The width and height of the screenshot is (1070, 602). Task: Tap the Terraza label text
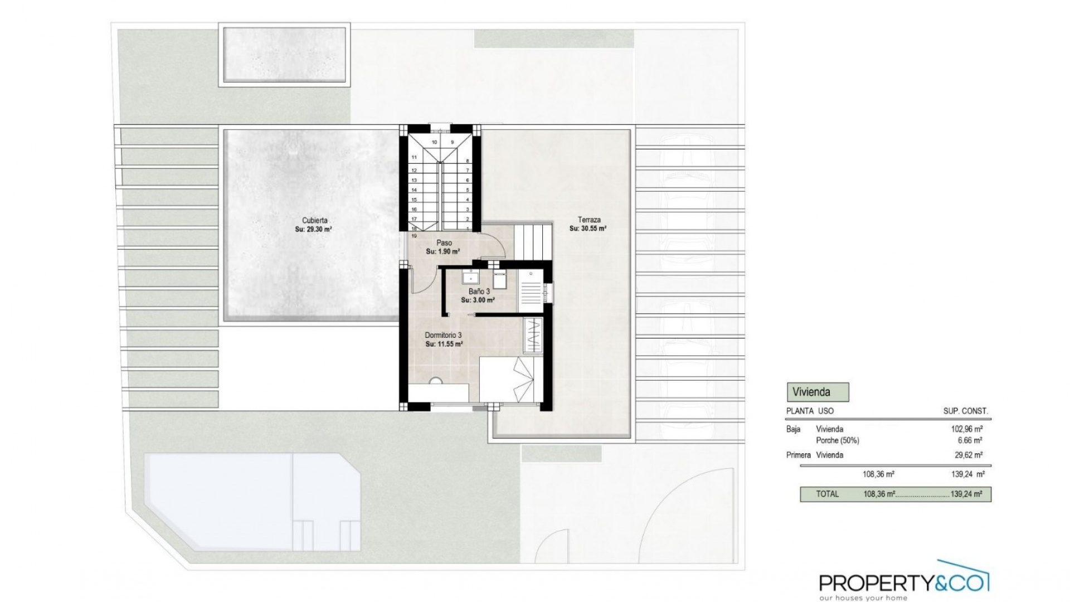pyautogui.click(x=588, y=220)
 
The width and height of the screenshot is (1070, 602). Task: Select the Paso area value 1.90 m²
pyautogui.click(x=443, y=251)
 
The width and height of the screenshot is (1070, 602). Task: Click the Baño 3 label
pyautogui.click(x=479, y=292)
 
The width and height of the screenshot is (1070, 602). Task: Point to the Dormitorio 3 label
pyautogui.click(x=443, y=335)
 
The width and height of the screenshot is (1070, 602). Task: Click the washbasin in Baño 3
pyautogui.click(x=471, y=276)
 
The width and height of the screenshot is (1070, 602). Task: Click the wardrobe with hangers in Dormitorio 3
pyautogui.click(x=533, y=334)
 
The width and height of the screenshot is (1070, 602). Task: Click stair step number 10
pyautogui.click(x=434, y=142)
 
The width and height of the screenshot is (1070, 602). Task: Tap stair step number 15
pyautogui.click(x=414, y=200)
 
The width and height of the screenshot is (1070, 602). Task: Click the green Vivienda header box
pyautogui.click(x=817, y=392)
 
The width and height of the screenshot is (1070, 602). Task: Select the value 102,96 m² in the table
pyautogui.click(x=966, y=429)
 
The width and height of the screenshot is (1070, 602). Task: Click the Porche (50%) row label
pyautogui.click(x=837, y=440)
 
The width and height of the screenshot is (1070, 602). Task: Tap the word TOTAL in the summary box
pyautogui.click(x=827, y=494)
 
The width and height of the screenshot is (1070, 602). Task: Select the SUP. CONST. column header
pyautogui.click(x=965, y=411)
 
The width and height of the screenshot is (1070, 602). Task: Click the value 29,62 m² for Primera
pyautogui.click(x=969, y=455)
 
